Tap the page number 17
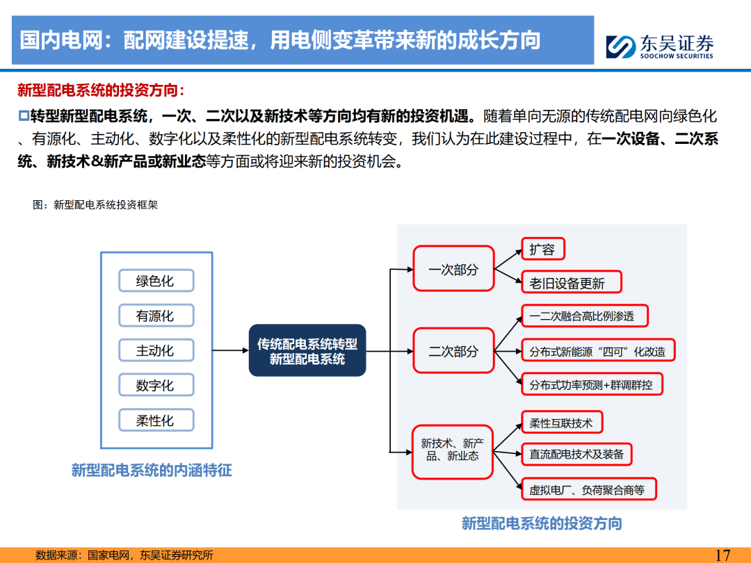[x=722, y=555]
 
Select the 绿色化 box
[x=155, y=281]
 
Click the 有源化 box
[x=155, y=316]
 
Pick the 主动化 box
[x=155, y=351]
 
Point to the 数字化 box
[x=155, y=385]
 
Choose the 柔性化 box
[x=155, y=421]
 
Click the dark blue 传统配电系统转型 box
[x=307, y=351]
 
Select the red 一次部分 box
[x=453, y=269]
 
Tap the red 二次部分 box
[x=453, y=352]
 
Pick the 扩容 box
[x=542, y=250]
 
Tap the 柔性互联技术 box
[x=561, y=423]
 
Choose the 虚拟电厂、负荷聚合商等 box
[x=587, y=490]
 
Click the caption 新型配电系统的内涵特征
[x=152, y=471]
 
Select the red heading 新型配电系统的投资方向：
[x=102, y=90]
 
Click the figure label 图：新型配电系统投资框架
[x=95, y=205]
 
